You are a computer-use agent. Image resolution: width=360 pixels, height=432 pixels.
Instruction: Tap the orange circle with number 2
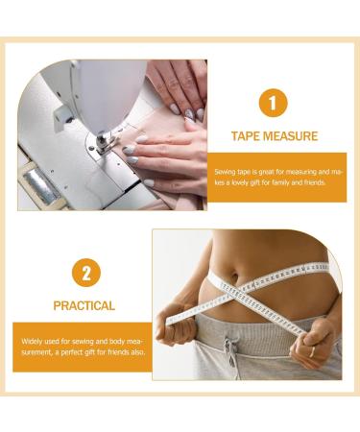85,273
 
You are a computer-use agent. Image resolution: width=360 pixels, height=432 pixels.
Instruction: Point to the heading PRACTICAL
85,306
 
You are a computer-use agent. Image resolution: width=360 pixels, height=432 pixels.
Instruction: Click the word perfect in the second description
68,351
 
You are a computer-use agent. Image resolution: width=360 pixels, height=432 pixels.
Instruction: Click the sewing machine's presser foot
101,144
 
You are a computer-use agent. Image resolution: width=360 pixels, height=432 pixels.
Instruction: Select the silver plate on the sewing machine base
41,184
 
